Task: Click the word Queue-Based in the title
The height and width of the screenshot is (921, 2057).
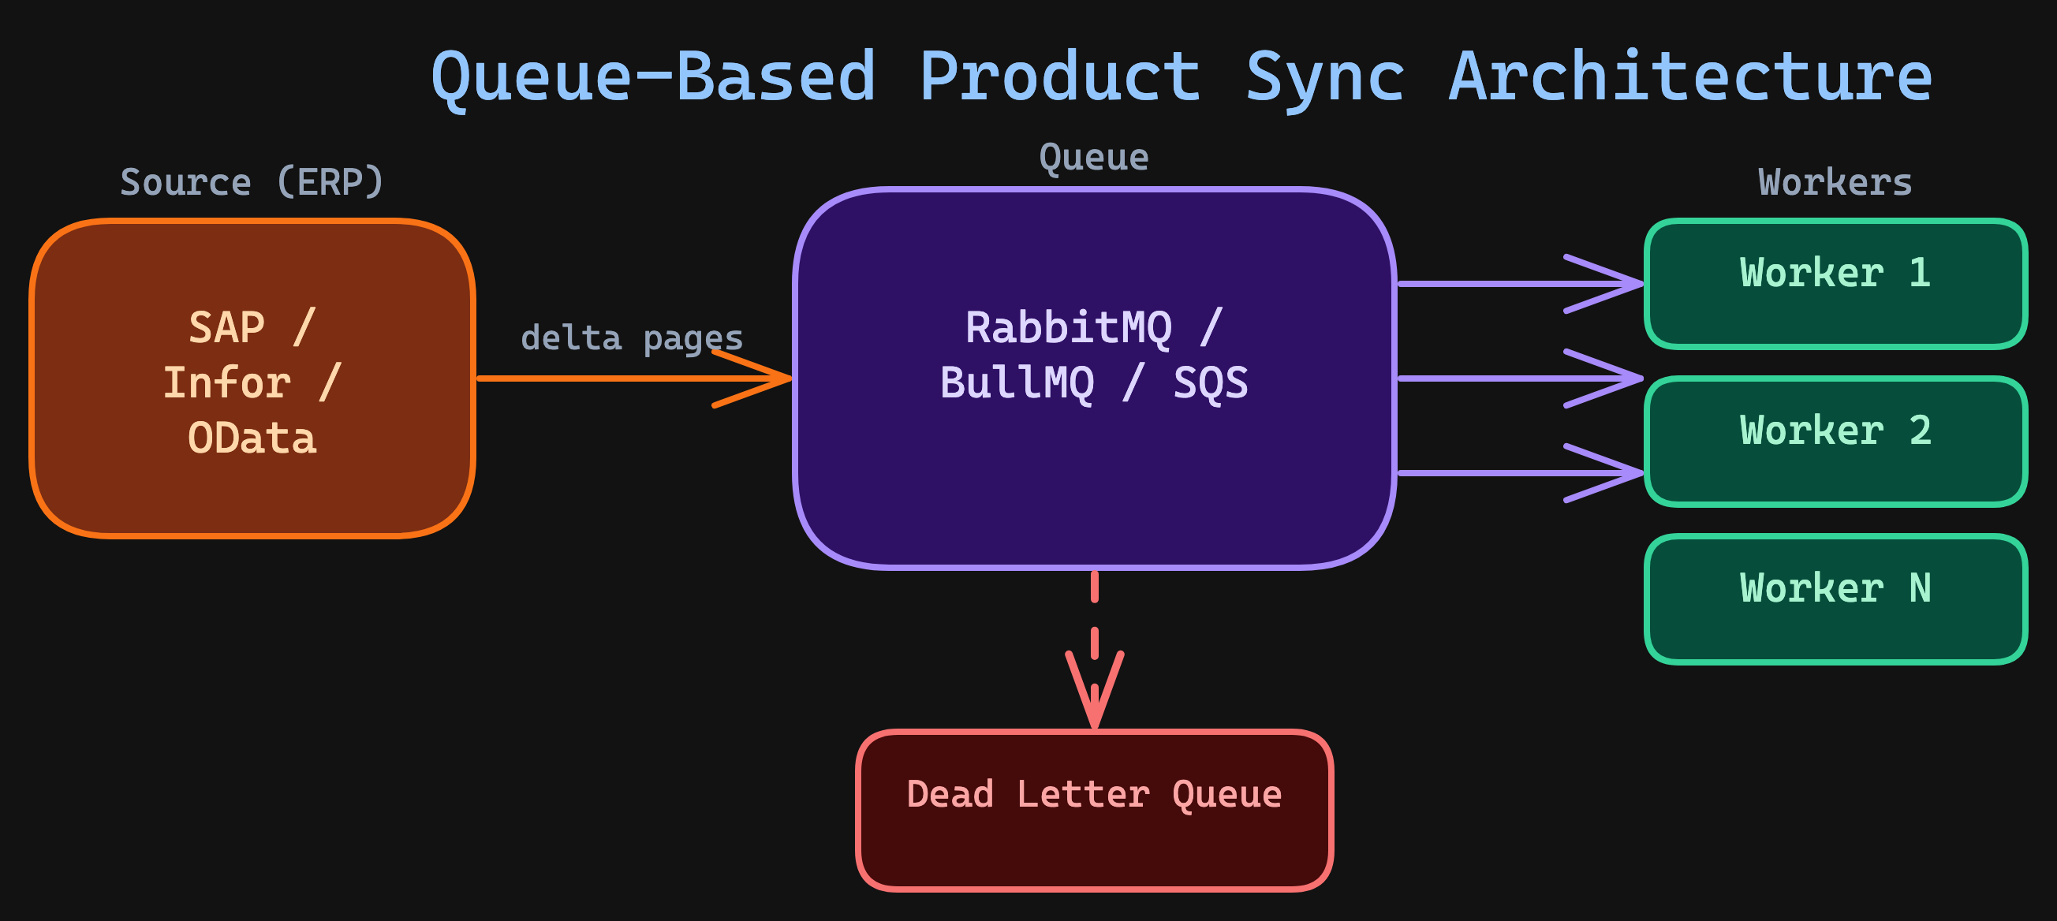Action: [x=653, y=77]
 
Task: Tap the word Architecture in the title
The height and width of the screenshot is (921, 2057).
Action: [x=1689, y=77]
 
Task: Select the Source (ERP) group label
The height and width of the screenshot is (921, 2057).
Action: [x=252, y=182]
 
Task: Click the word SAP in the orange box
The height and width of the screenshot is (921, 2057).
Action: [x=227, y=327]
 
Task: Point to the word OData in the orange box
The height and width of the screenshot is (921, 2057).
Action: [x=252, y=438]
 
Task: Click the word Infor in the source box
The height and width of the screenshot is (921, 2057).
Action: [x=227, y=382]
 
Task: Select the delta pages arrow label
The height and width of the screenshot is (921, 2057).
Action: [x=632, y=338]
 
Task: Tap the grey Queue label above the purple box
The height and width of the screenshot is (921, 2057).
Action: [x=1094, y=157]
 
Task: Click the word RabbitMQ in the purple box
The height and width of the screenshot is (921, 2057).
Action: [x=1069, y=327]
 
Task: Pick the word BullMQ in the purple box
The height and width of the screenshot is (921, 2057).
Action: [x=1017, y=382]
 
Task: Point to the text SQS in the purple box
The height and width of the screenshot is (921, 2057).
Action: [x=1210, y=382]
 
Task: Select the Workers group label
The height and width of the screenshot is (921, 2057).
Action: [x=1835, y=182]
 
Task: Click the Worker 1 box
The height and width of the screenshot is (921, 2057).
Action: [x=1835, y=284]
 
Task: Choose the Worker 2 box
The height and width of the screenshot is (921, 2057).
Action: [x=1835, y=442]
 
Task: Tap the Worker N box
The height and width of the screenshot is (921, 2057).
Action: [x=1835, y=598]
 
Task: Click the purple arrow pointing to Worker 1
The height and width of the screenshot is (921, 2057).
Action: [x=1518, y=283]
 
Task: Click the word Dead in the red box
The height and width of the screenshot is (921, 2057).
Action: [x=950, y=794]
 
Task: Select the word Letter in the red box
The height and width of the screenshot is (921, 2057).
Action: [x=1082, y=794]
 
